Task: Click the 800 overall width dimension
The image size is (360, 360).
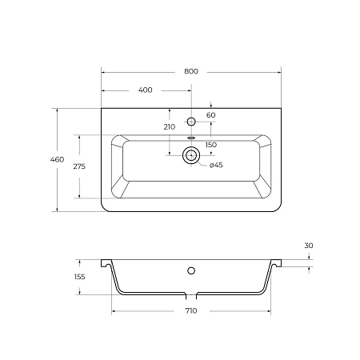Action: coord(190,71)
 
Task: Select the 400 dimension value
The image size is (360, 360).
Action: coord(145,90)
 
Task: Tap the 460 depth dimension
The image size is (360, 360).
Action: coord(57,160)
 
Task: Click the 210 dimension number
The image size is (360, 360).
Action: coord(169,127)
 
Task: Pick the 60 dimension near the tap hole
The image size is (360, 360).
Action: coord(211,115)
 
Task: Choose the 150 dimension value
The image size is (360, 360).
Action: coord(211,145)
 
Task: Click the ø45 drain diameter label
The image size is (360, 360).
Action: coord(216,166)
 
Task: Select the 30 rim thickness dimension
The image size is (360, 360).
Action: coord(309,245)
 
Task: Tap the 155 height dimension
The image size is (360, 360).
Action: coord(80,277)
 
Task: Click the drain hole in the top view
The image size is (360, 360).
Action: coord(191,156)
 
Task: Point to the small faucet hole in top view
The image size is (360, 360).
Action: coord(191,121)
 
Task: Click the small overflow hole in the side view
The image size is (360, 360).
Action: coord(191,268)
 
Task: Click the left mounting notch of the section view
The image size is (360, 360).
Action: coord(104,262)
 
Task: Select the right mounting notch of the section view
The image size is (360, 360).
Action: coord(278,262)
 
